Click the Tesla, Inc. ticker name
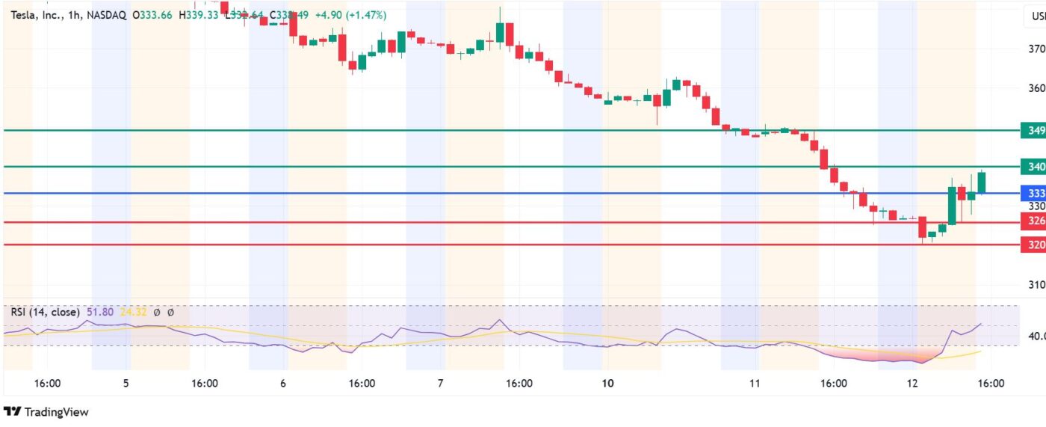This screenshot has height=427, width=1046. coord(37,15)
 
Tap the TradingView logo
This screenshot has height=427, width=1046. coord(46,412)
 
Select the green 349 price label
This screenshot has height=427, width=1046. coord(1034,131)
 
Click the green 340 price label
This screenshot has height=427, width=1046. coord(1034,167)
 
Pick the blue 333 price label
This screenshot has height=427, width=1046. coord(1034,194)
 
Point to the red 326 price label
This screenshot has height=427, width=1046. coord(1034,221)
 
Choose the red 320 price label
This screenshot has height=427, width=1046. coord(1034,245)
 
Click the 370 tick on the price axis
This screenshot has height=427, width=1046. coord(1036,49)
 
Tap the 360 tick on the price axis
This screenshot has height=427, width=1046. coord(1036,88)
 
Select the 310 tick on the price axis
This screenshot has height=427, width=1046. coord(1036,285)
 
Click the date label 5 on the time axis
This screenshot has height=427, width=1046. coord(126,384)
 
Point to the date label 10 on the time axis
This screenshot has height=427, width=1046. coord(607,384)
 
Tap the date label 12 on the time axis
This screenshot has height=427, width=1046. coord(912,384)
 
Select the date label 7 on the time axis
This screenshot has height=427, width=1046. coord(441,384)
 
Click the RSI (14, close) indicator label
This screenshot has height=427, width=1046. coord(44,312)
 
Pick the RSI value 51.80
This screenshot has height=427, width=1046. coord(99,312)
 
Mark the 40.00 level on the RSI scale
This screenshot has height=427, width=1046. coord(1036,336)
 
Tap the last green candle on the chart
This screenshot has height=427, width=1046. coord(981,182)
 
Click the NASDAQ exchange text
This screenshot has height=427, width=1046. coord(109,15)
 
